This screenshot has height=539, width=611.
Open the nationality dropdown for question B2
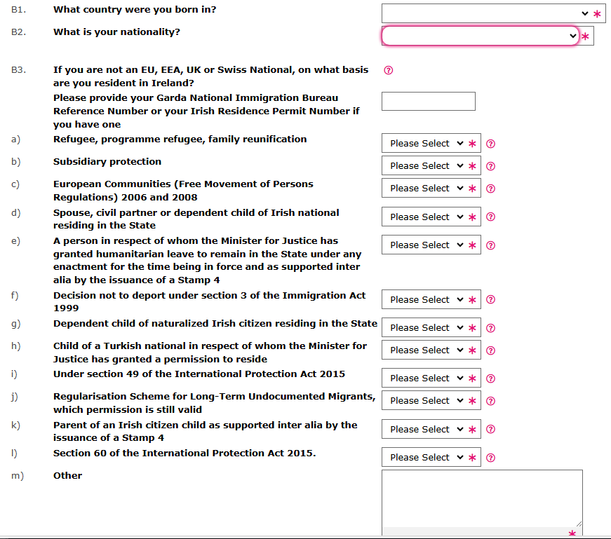(481, 36)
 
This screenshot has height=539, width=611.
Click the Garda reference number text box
(428, 101)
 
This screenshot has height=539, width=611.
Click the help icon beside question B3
(389, 70)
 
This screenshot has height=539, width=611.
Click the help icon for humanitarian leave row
(491, 245)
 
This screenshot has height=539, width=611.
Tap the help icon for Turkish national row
(491, 350)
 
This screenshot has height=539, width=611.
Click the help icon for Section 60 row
(491, 458)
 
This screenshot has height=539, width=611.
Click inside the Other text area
(482, 498)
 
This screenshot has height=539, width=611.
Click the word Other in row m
(67, 476)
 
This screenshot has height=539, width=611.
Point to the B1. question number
(18, 11)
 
